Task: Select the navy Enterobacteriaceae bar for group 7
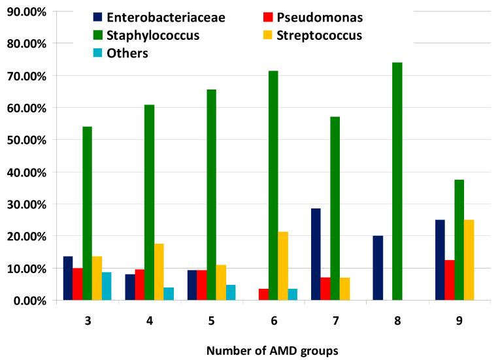pyautogui.click(x=316, y=254)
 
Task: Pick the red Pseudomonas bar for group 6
pyautogui.click(x=263, y=295)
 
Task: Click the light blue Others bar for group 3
pyautogui.click(x=107, y=286)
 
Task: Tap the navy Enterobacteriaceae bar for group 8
pyautogui.click(x=378, y=268)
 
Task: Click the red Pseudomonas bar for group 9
pyautogui.click(x=450, y=280)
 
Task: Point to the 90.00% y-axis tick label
pyautogui.click(x=25, y=11)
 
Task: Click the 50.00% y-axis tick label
pyautogui.click(x=25, y=140)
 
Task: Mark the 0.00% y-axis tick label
pyautogui.click(x=27, y=301)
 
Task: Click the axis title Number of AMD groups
pyautogui.click(x=272, y=350)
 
